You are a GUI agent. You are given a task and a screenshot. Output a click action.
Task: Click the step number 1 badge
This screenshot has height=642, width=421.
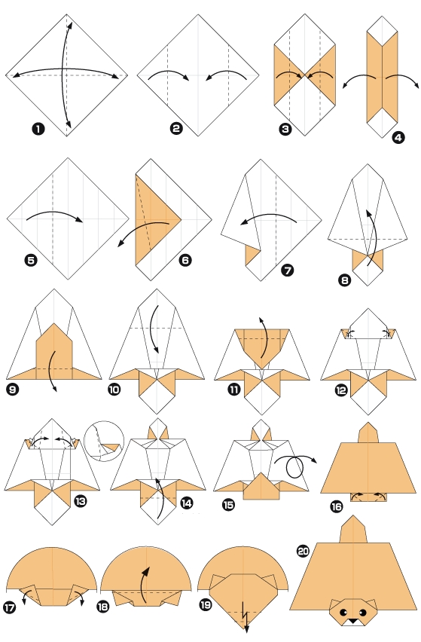tap(38, 129)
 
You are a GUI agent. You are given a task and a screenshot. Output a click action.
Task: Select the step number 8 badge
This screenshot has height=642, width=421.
tap(344, 280)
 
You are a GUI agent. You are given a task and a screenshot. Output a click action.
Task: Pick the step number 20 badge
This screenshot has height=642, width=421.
tap(303, 552)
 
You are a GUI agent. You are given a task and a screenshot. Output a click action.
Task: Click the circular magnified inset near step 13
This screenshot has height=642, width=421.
tap(104, 441)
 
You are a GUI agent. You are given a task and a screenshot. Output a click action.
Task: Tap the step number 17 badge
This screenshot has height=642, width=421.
tap(11, 607)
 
